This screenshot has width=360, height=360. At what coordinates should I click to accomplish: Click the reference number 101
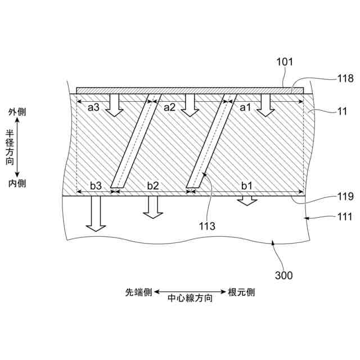coord(285,63)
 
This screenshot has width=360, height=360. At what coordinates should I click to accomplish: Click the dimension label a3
coord(93,107)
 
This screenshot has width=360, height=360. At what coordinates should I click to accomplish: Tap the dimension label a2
coord(170,107)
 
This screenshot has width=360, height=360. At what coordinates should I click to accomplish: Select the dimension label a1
coord(246,107)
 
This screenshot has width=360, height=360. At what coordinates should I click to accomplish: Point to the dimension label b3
coord(96,184)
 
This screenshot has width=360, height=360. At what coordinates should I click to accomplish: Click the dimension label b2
coord(152,184)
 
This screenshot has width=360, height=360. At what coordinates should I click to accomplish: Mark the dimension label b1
coord(247,184)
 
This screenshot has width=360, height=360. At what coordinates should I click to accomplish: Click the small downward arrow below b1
coord(246,201)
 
